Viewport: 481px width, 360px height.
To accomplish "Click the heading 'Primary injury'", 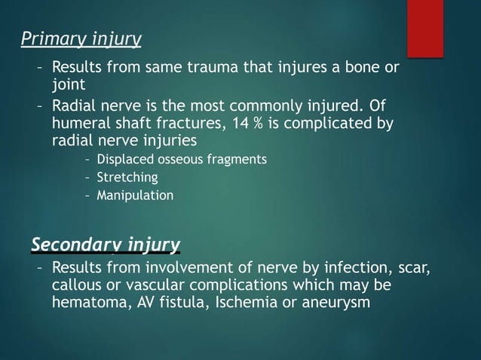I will click(x=81, y=38).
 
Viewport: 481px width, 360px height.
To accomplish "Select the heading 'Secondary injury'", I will click(x=105, y=244).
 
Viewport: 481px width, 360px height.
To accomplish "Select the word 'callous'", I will click(x=78, y=287).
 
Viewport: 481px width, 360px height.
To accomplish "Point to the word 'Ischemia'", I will click(x=229, y=304).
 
